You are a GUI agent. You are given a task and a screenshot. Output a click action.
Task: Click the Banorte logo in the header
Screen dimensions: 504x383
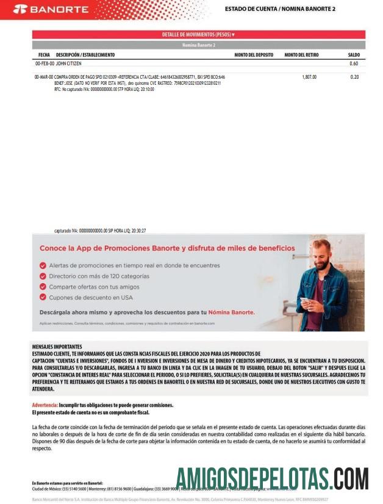tap(50, 9)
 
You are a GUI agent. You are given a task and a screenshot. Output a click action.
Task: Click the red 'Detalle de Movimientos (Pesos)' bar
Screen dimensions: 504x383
tap(198, 35)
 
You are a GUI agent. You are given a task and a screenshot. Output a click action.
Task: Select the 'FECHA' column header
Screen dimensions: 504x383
tap(44, 55)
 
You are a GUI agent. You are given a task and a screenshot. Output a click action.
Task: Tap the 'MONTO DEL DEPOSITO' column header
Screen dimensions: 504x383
tap(254, 55)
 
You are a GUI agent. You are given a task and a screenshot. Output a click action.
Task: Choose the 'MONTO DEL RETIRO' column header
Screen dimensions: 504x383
tap(302, 55)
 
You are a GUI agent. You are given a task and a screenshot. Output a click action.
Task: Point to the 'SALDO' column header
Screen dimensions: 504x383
tap(354, 55)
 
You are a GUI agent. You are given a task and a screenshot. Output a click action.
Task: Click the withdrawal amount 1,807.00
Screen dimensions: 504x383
tap(309, 77)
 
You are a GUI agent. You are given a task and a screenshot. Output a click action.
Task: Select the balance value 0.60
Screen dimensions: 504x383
tap(354, 63)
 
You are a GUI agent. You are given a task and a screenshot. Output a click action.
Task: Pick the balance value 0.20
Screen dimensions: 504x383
tap(354, 77)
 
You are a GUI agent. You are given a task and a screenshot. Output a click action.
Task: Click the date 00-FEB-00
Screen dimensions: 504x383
tap(45, 63)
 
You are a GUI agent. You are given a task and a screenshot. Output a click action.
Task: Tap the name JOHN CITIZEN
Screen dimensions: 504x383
tap(69, 63)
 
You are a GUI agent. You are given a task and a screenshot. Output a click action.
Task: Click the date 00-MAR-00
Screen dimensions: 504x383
tap(44, 77)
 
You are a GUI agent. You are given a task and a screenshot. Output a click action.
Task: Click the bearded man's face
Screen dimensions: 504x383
tap(321, 252)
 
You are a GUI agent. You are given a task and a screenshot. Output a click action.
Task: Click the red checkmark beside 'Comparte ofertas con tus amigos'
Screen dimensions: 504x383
tap(43, 286)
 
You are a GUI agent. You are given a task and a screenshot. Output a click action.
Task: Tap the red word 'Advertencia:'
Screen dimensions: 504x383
tap(45, 405)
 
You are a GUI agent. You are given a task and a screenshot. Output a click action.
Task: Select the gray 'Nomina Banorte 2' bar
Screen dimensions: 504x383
tap(198, 45)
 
